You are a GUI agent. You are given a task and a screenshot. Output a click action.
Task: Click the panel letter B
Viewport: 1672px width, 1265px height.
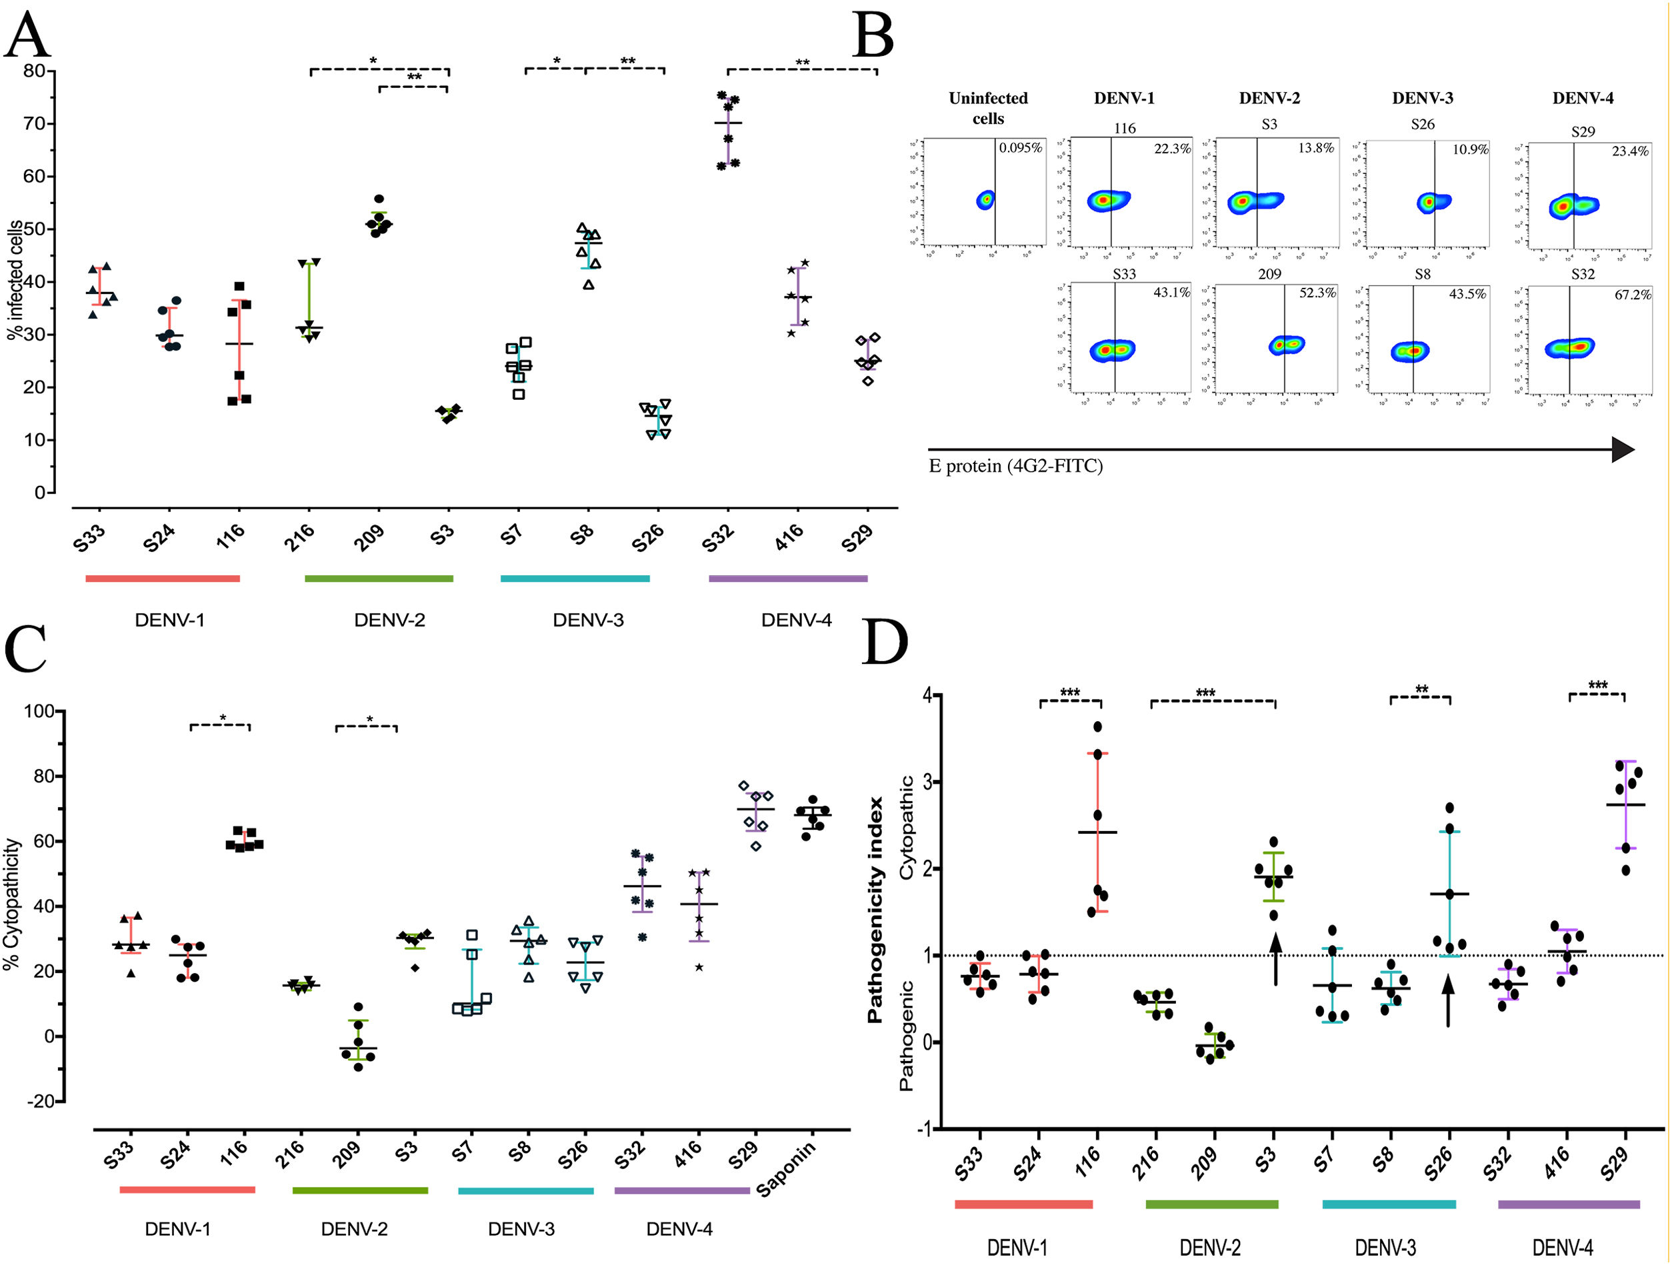(x=873, y=35)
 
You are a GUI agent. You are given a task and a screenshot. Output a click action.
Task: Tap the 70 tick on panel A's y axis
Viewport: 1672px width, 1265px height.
(x=34, y=123)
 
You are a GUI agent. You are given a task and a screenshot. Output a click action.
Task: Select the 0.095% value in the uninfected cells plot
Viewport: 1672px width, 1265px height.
(x=1021, y=148)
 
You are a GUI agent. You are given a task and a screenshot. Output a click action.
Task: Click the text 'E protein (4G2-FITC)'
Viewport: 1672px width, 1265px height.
(x=1015, y=467)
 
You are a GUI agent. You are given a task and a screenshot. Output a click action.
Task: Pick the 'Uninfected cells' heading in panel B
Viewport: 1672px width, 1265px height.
(x=988, y=108)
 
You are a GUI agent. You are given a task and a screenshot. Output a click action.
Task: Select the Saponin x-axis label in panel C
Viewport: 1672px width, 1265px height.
(x=786, y=1169)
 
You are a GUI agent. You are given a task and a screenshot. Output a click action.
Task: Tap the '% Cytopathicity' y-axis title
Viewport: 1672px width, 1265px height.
(x=11, y=904)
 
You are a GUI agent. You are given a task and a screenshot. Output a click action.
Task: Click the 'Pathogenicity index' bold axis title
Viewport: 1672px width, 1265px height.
(x=875, y=910)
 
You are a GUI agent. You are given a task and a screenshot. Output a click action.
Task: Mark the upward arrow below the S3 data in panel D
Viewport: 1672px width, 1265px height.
(x=1275, y=958)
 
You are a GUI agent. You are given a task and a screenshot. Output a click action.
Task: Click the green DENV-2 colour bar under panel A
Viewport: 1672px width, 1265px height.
(x=379, y=579)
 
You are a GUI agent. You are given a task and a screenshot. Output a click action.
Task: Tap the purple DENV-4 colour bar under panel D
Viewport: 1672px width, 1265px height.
(x=1569, y=1204)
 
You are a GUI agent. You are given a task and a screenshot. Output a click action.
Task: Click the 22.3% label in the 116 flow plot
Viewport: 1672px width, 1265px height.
(x=1171, y=149)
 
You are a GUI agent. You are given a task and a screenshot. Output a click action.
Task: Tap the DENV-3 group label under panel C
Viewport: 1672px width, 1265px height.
(x=521, y=1229)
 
